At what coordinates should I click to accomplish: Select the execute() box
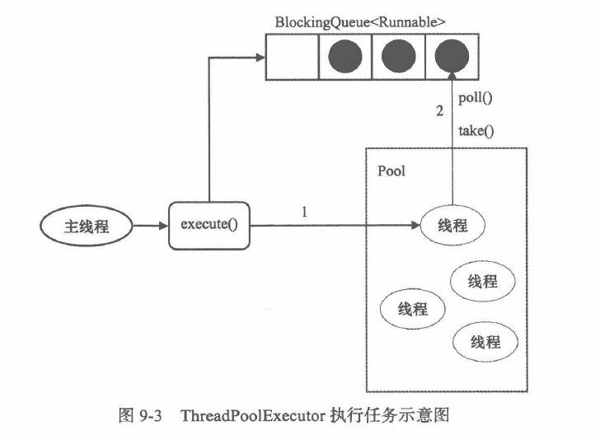pos(209,224)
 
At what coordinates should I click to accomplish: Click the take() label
pos(475,129)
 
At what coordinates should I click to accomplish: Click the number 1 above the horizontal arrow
pos(305,212)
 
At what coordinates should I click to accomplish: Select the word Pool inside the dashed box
pos(391,171)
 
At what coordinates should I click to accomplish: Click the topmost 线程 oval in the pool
pos(452,226)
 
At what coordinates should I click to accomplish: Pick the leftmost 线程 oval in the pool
pos(412,309)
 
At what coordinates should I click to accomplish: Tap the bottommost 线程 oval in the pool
pos(485,340)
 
